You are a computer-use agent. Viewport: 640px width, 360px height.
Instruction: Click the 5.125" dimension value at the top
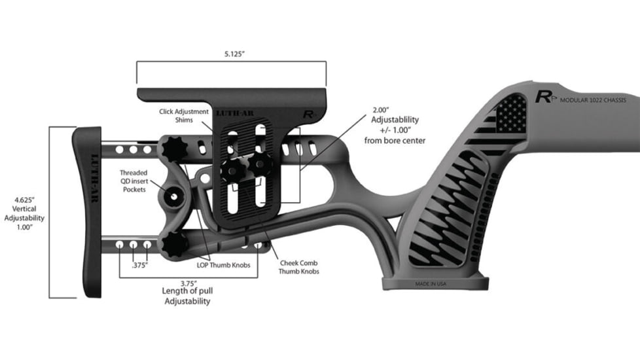pyautogui.click(x=231, y=54)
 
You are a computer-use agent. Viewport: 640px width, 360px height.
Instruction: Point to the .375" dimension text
pyautogui.click(x=138, y=266)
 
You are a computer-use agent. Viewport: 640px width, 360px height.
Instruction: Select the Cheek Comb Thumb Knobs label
pyautogui.click(x=298, y=266)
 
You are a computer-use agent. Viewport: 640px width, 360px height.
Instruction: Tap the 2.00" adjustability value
pyautogui.click(x=380, y=110)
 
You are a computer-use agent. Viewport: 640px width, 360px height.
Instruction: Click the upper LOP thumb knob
pyautogui.click(x=174, y=149)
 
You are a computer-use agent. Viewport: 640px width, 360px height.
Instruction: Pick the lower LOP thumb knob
pyautogui.click(x=175, y=243)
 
